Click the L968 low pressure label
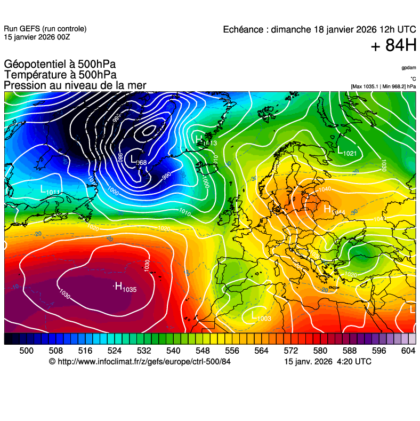pos(139,162)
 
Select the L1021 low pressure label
pos(346,152)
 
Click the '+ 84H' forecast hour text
pos(393,46)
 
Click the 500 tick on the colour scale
pos(26,350)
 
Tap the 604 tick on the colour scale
pos(408,350)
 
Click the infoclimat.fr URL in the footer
pos(140,361)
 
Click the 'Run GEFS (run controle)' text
pos(45,29)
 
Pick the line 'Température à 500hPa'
pos(60,75)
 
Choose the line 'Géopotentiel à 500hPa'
pos(60,65)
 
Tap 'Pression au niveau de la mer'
pos(75,85)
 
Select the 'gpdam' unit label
pos(409,68)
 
